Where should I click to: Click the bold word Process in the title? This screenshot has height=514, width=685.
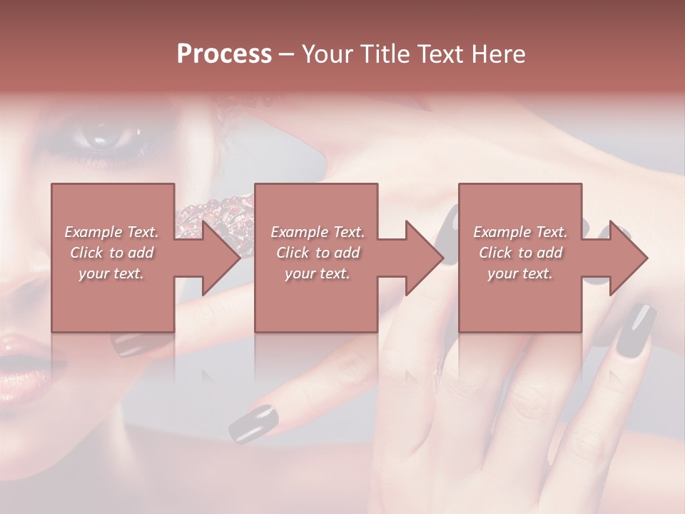click(x=224, y=54)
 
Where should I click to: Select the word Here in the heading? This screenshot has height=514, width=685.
click(x=497, y=54)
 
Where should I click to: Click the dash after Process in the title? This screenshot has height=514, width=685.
click(x=287, y=54)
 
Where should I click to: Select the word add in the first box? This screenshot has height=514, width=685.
click(x=141, y=253)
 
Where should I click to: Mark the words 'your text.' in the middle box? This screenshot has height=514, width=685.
click(x=318, y=273)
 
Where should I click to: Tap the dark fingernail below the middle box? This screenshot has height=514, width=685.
click(x=252, y=423)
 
